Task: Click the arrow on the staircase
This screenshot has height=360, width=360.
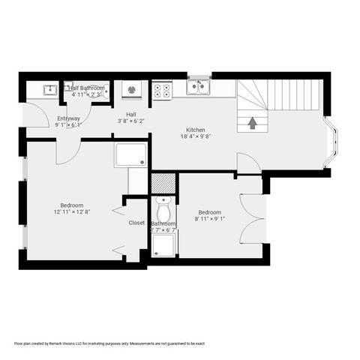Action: tap(252, 120)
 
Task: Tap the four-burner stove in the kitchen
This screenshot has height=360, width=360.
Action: tap(162, 91)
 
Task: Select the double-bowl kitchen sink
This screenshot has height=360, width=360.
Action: tap(199, 88)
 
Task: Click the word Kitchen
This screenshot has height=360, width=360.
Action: tap(196, 129)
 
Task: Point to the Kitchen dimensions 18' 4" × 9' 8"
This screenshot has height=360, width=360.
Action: tap(196, 136)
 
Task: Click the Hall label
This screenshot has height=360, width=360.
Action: tap(130, 114)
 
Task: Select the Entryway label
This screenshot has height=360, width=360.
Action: tap(68, 118)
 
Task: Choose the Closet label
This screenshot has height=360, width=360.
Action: tap(136, 223)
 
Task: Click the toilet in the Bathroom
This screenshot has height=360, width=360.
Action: tap(163, 205)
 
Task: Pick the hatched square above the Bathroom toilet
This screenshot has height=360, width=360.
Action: tap(162, 182)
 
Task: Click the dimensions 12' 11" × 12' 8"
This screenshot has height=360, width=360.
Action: tap(72, 213)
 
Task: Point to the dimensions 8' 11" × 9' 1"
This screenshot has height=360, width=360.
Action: tap(209, 220)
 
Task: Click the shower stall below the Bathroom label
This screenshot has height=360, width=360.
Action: tap(164, 244)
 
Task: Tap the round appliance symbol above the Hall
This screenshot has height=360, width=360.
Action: tap(131, 90)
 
